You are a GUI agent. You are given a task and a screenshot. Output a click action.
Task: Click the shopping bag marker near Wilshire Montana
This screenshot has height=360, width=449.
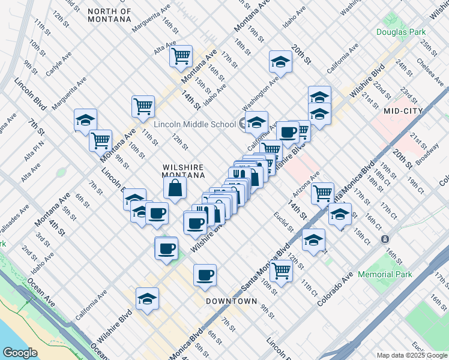pos(175,188)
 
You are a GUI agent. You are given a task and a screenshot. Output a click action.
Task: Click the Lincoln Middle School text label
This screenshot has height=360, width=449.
pos(194,124)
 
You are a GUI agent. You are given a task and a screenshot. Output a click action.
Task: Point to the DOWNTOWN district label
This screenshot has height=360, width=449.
pos(232,301)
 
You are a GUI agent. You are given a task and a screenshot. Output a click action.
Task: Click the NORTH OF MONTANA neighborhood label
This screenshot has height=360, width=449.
pos(109,15)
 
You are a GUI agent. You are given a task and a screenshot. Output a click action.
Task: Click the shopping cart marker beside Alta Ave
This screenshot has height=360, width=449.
pos(181,56)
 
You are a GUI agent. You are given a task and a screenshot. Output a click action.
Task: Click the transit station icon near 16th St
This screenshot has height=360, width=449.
pos(385,239)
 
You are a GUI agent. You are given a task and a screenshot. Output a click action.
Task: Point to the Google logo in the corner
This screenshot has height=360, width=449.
pos(20,352)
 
